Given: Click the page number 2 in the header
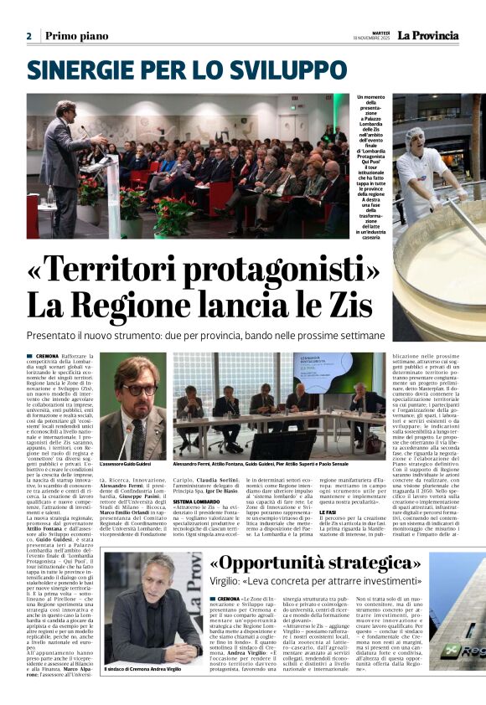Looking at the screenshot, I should [28, 36].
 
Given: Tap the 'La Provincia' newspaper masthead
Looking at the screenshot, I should [427, 35].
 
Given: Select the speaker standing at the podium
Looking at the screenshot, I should [67, 134].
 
